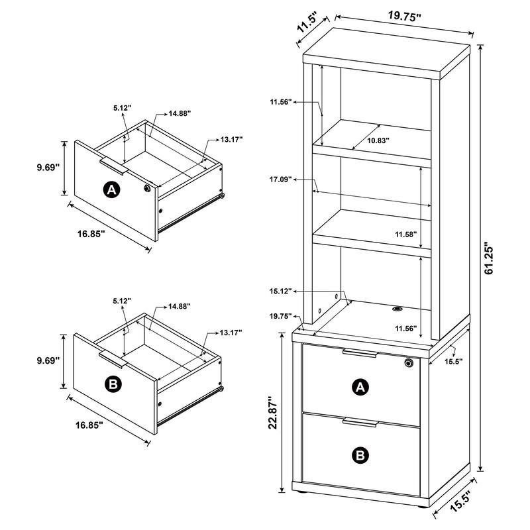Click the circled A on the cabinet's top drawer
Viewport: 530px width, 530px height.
pos(360,388)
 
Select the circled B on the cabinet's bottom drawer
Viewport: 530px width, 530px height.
pos(360,454)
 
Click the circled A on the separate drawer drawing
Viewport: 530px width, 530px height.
pos(111,190)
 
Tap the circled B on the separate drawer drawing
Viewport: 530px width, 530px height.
pos(111,384)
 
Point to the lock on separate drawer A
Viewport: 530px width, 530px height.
pos(146,189)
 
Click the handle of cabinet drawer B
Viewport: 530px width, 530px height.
pos(360,422)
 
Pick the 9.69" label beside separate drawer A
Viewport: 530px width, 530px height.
pos(48,168)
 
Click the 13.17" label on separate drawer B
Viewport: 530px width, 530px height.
pos(231,332)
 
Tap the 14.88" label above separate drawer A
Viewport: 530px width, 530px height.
pos(179,113)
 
